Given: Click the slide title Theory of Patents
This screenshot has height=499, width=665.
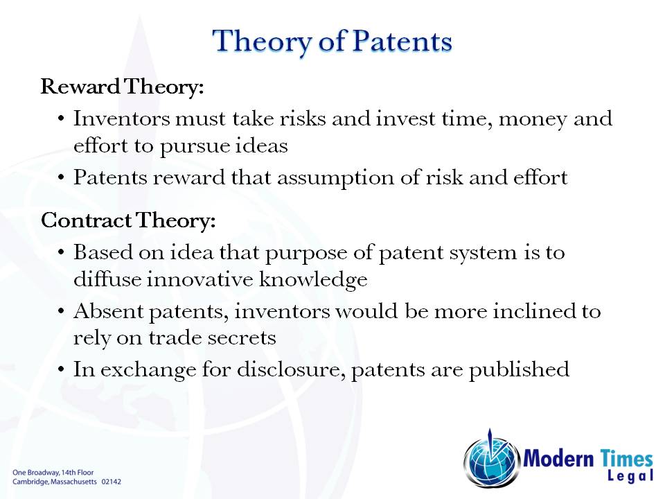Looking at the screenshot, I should coord(332,42).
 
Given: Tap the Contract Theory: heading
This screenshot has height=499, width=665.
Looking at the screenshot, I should coord(128,221).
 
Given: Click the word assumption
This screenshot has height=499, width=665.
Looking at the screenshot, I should coord(399,178).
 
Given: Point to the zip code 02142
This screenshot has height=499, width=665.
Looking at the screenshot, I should coord(112,480).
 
